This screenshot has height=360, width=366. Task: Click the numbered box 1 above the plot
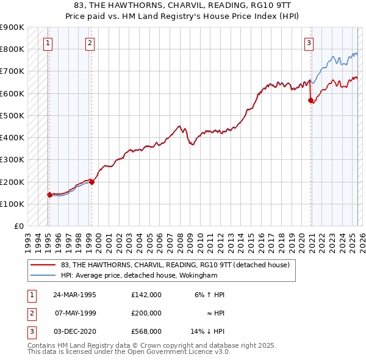(48, 43)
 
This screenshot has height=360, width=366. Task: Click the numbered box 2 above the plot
(90, 43)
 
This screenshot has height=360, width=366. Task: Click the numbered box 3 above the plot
(309, 43)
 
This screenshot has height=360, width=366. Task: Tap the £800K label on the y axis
(12, 49)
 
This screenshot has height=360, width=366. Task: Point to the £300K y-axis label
(12, 159)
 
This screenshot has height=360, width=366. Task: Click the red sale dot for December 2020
(310, 100)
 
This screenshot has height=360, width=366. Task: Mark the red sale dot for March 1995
(49, 195)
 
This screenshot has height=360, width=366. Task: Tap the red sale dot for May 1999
(91, 182)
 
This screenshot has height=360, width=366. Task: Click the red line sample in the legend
(44, 265)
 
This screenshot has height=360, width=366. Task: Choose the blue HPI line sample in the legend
(44, 275)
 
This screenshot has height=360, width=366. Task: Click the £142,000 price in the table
(146, 295)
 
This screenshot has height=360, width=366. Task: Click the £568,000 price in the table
(146, 331)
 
